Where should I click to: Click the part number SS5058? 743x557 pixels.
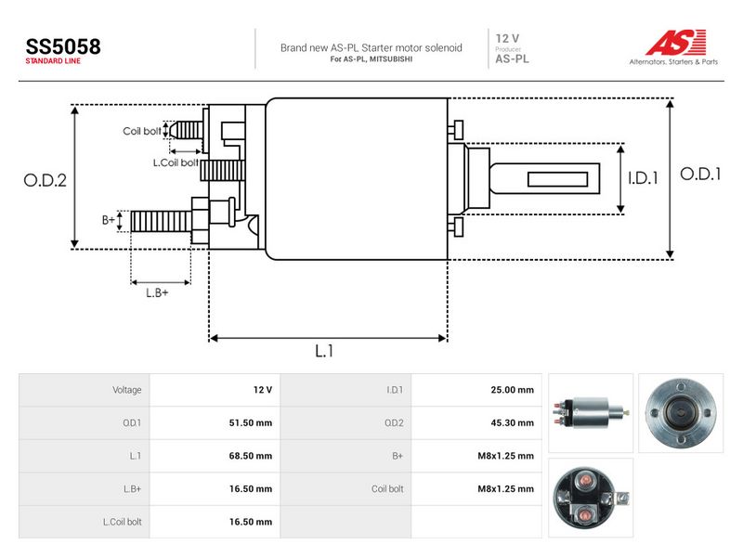tap(63, 46)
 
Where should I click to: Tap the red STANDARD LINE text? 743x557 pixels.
tap(53, 61)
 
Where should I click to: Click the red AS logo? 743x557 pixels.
tap(675, 43)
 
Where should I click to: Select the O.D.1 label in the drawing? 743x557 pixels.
tap(700, 174)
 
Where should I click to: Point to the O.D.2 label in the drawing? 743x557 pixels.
tap(45, 180)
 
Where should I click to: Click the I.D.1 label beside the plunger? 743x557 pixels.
tap(643, 178)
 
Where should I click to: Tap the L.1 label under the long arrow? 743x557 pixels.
tap(324, 351)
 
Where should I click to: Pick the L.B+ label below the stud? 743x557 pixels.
tap(157, 292)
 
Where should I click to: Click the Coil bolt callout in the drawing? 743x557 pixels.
tap(142, 131)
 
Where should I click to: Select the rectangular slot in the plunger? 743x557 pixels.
tap(558, 179)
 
